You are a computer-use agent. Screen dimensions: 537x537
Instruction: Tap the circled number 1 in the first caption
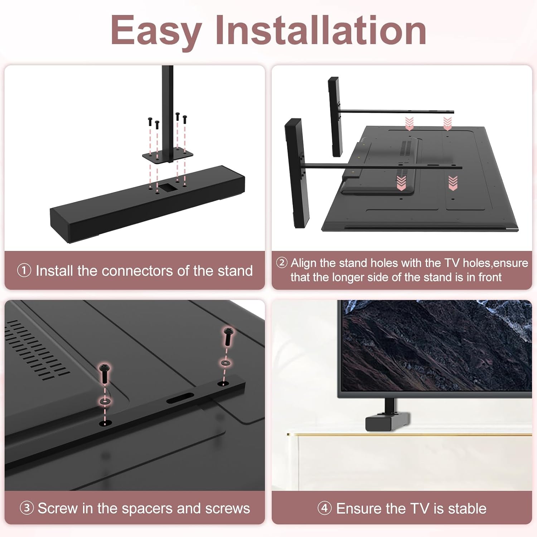coord(24,271)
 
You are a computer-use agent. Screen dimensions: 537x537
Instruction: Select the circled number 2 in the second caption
coord(282,263)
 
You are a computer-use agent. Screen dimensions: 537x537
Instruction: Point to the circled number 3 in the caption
coord(26,508)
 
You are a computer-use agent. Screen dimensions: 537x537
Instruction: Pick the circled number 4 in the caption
coord(324,508)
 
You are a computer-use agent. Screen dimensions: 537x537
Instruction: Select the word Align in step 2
coord(304,263)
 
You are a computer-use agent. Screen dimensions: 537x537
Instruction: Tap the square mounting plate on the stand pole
coord(167,155)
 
